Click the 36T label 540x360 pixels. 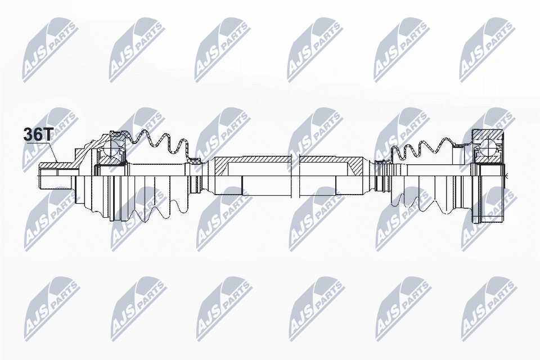pyautogui.click(x=38, y=134)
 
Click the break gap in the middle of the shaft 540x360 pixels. pyautogui.click(x=295, y=169)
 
